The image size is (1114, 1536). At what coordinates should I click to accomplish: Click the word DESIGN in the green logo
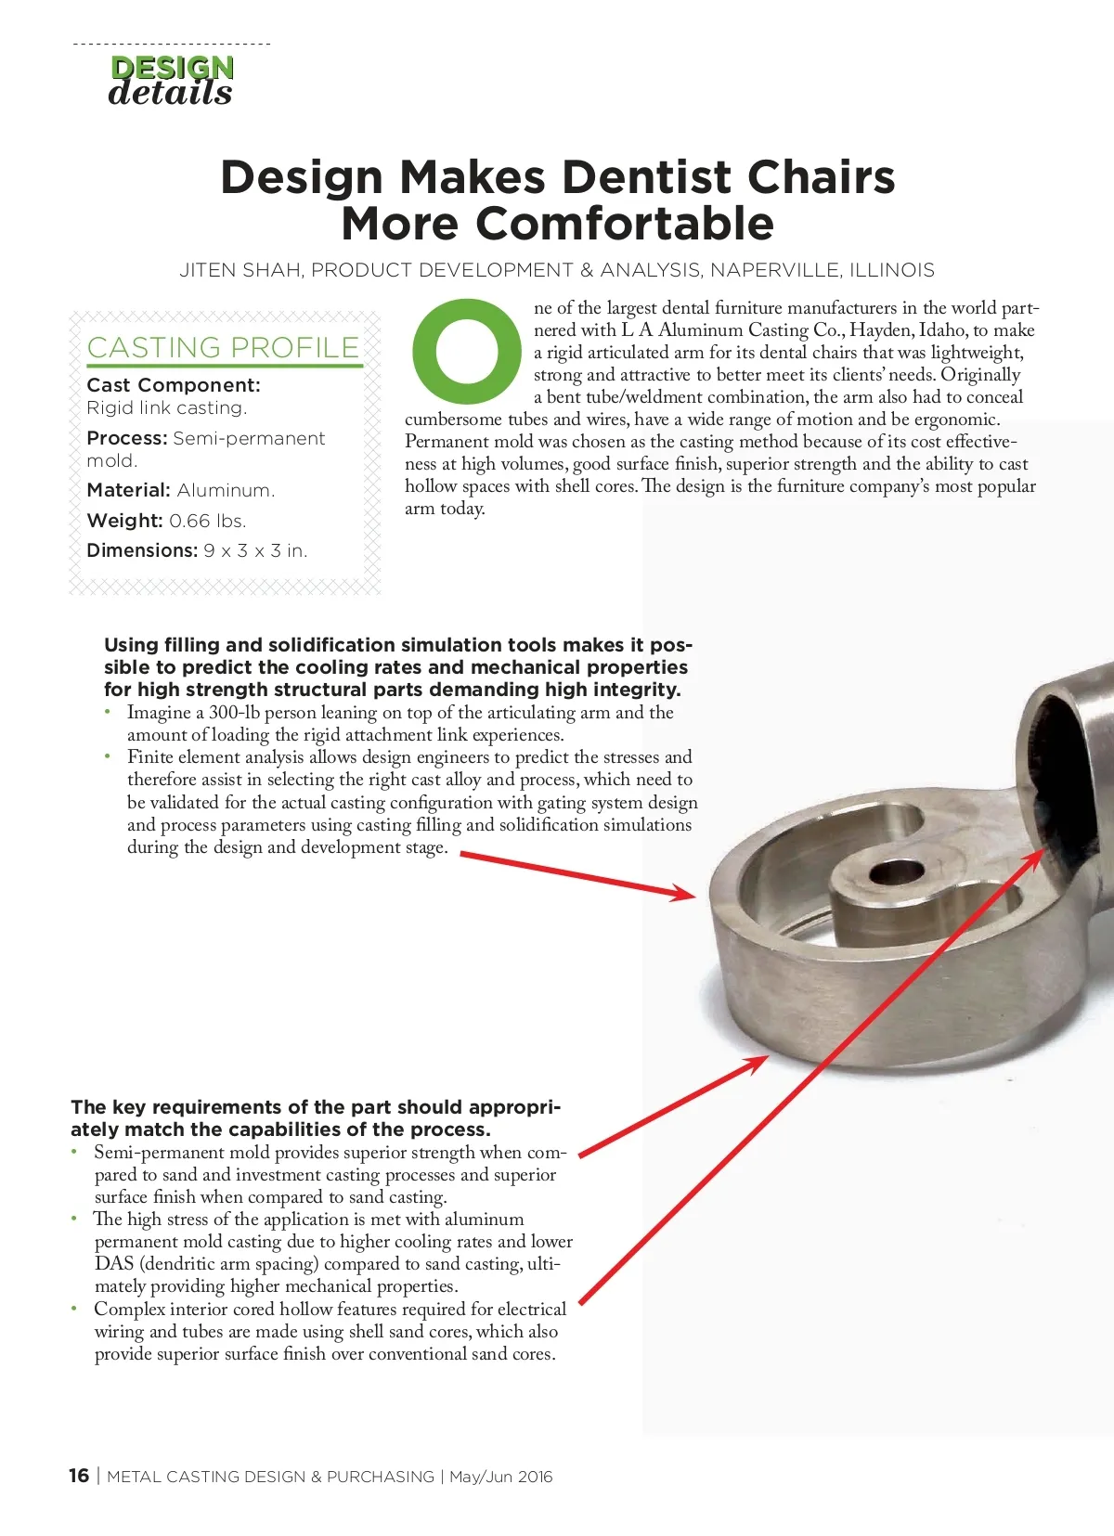pos(172,68)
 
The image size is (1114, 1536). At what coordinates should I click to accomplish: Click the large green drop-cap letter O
pos(467,351)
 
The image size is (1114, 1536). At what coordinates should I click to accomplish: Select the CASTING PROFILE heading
pos(223,347)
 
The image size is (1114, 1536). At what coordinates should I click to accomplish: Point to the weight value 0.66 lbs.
pos(207,521)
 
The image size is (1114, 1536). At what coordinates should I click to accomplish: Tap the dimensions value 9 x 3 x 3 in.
pos(255,550)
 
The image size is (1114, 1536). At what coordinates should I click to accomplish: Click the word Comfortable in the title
pos(624,224)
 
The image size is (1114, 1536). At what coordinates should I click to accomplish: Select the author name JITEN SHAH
pos(240,270)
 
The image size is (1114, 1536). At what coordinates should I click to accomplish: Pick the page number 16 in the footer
pos(79,1476)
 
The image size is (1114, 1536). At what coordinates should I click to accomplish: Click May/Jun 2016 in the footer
pos(500,1477)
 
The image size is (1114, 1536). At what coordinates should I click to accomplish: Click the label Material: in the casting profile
pos(128,490)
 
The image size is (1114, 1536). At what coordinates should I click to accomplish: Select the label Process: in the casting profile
pos(126,438)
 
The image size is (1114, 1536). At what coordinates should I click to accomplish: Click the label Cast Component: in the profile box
pos(174,385)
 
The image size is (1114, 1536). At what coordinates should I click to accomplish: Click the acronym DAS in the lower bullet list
pos(114,1264)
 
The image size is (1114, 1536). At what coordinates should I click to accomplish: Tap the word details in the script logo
pos(170,92)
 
